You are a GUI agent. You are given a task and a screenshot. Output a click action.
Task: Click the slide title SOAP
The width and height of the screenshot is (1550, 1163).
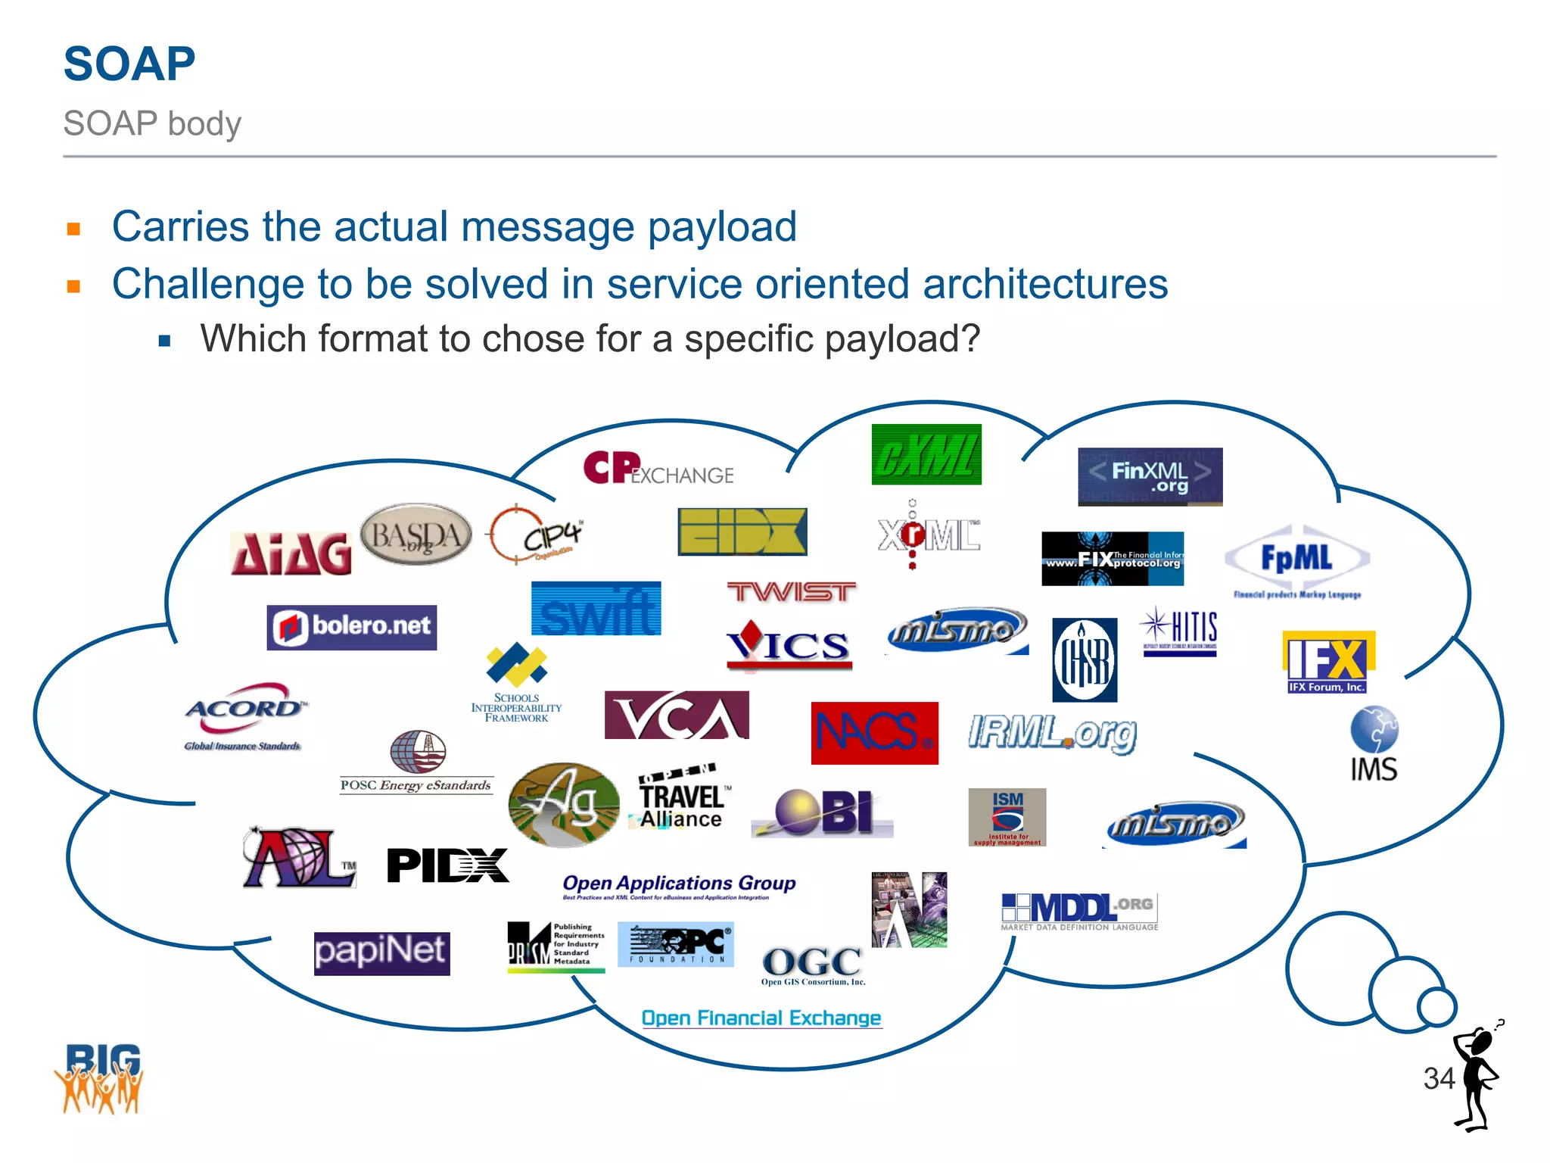(129, 64)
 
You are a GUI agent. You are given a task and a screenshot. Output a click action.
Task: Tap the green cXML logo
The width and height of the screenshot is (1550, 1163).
(926, 454)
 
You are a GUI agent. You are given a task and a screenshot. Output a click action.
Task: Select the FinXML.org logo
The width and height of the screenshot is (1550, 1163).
(1150, 476)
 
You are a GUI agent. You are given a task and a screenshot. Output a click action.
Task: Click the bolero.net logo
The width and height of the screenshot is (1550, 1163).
(352, 627)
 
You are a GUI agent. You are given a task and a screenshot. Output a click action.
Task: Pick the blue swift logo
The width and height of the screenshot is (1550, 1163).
(596, 609)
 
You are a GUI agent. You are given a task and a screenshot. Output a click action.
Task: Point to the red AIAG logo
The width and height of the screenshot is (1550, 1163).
(291, 553)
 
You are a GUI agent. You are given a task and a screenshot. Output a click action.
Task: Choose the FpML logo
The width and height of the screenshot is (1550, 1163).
(1296, 560)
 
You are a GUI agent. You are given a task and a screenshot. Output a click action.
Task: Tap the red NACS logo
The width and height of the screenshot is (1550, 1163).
(874, 733)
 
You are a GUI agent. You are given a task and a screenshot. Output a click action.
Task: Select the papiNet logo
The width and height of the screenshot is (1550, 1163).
(381, 953)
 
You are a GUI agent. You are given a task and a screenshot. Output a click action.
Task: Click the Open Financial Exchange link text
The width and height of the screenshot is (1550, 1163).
(761, 1018)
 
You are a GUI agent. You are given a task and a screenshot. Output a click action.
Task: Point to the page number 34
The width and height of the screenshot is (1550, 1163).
(1439, 1078)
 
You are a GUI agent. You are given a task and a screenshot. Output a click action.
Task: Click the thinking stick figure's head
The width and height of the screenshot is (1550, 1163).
(1480, 1043)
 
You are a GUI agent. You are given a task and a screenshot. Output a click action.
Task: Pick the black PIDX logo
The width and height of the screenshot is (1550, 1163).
(447, 865)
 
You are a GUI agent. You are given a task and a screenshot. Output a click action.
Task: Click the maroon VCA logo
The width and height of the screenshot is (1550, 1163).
(677, 716)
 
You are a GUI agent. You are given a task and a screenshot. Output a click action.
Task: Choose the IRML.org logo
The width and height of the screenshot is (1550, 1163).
(1053, 733)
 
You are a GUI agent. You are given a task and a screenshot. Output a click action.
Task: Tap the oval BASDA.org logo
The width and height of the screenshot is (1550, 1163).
(416, 535)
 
